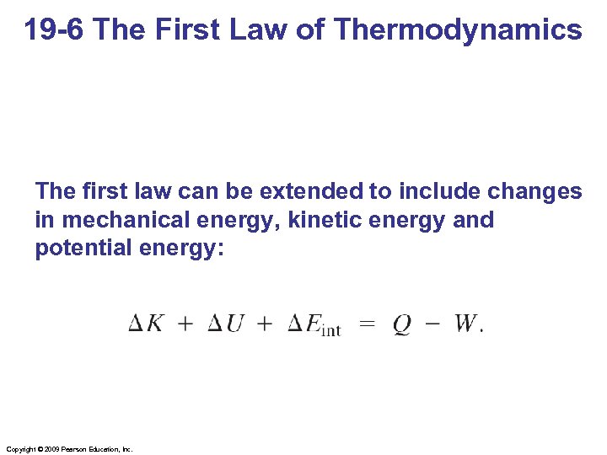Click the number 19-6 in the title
coord(56,30)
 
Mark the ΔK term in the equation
coord(146,324)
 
